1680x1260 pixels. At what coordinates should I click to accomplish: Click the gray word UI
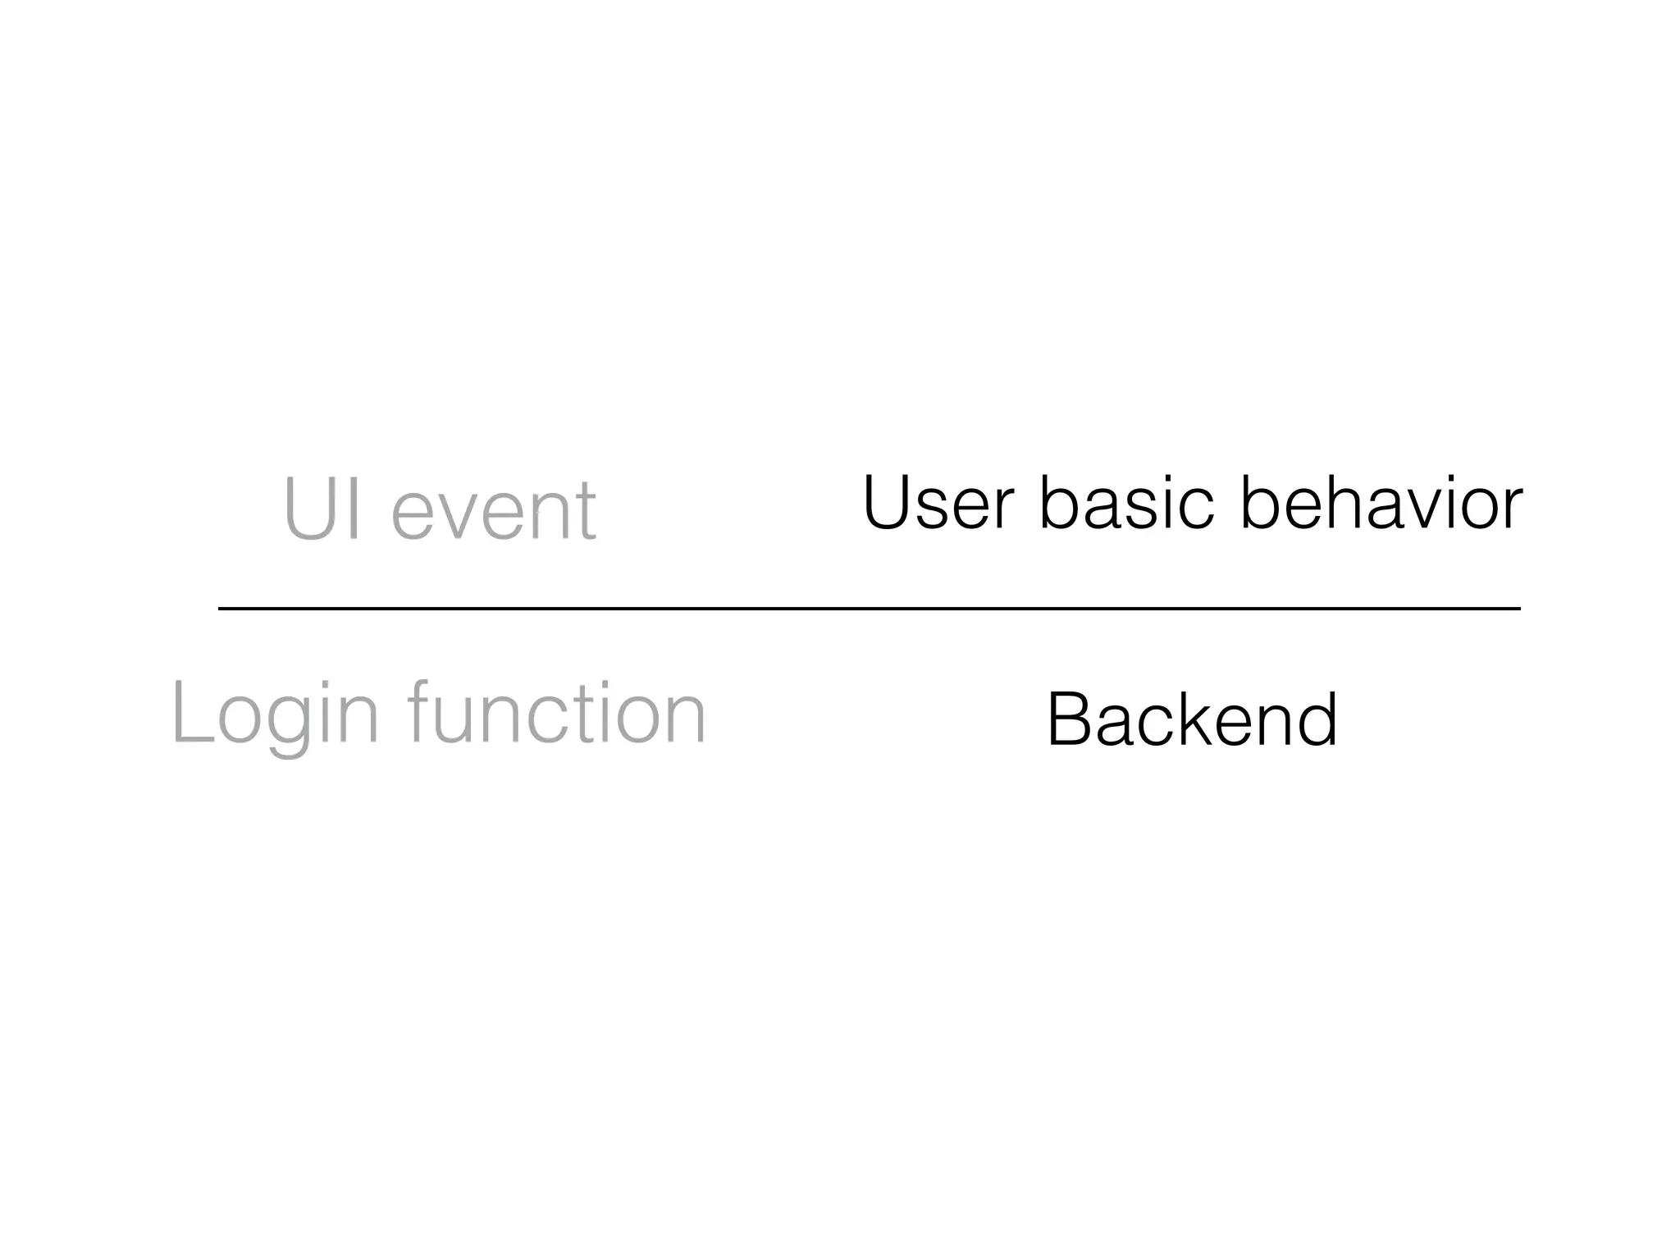[322, 509]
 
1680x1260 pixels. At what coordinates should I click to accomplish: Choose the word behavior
[1381, 502]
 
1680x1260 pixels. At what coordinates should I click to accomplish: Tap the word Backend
[1192, 719]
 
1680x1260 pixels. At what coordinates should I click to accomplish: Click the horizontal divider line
[870, 609]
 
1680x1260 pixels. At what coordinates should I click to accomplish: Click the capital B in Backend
[1069, 719]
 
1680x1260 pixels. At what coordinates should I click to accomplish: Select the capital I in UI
[354, 509]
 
